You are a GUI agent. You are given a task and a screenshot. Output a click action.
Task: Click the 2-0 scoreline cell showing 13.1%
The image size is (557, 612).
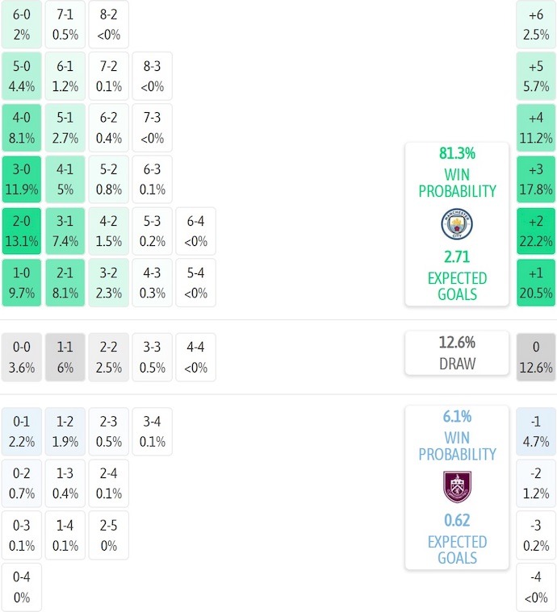21,231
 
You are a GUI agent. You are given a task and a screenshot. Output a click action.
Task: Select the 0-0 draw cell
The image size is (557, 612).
21,356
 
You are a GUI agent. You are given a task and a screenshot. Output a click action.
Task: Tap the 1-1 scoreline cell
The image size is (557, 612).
65,356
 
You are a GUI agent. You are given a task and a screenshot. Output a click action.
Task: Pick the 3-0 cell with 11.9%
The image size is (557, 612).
21,180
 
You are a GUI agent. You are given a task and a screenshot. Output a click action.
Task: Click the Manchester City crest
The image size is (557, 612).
457,224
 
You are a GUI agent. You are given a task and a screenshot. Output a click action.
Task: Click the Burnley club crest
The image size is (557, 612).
457,487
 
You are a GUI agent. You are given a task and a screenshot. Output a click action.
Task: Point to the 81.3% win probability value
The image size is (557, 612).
457,153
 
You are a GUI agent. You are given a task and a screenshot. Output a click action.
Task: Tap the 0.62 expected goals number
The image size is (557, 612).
457,520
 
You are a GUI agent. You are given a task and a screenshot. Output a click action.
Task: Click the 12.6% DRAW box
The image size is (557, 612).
457,353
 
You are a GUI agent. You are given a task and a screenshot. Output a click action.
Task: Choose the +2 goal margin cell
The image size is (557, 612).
536,231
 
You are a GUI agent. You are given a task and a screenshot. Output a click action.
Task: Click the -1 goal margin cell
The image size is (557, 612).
536,431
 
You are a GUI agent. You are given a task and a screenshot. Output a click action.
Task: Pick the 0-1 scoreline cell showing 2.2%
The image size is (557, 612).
21,431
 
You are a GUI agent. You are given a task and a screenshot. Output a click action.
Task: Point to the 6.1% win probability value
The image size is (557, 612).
457,417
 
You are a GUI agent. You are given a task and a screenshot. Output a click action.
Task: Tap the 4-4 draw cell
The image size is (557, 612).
195,356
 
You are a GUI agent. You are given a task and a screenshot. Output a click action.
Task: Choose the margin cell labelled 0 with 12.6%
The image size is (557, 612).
536,356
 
